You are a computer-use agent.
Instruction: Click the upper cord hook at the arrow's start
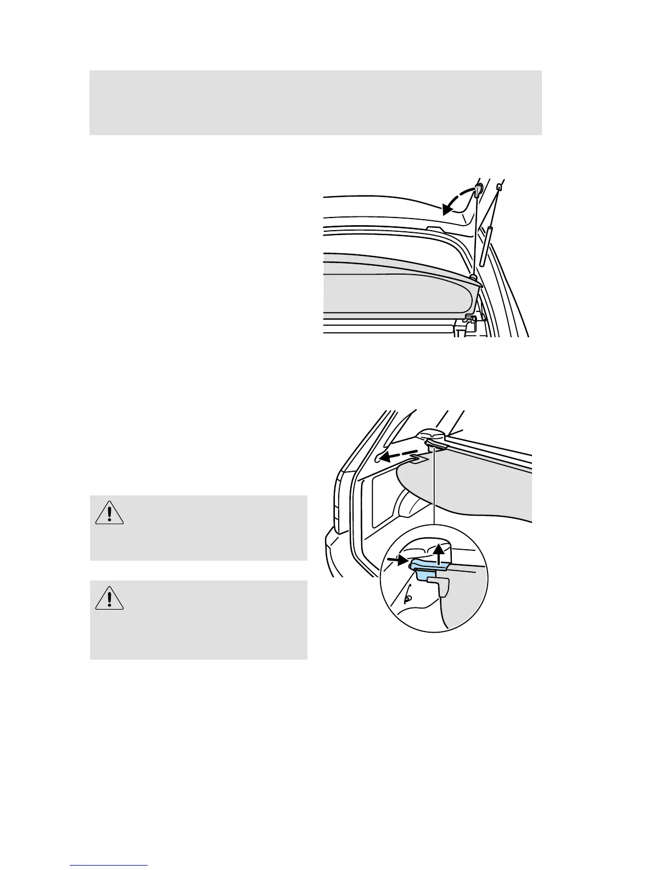478,190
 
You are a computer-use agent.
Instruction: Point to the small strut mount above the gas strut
499,188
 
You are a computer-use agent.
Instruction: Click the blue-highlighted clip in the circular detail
428,568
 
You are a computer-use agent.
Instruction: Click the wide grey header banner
316,102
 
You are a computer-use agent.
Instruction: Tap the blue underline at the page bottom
109,865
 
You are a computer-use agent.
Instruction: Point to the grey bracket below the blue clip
443,585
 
